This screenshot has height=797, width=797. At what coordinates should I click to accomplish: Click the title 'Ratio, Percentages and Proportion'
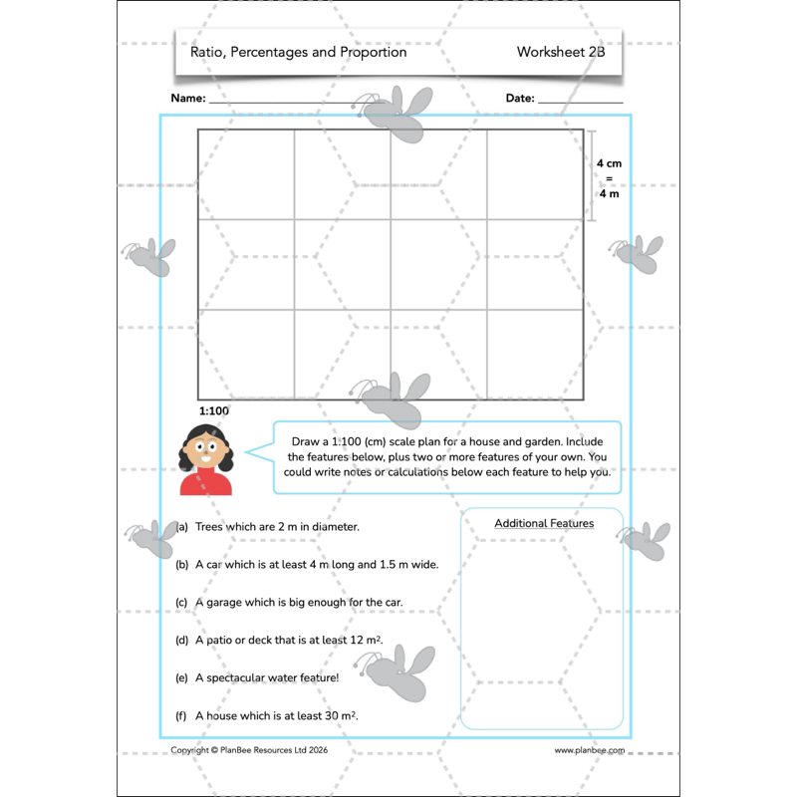tap(299, 52)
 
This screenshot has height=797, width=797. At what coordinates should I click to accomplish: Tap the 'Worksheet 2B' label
tap(560, 52)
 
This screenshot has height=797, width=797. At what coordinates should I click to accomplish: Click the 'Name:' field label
tap(188, 99)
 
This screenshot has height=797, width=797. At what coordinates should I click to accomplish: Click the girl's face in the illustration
tap(205, 451)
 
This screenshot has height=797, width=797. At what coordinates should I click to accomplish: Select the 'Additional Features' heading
tap(544, 523)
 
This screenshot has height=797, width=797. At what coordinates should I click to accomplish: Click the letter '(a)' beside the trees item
tap(181, 527)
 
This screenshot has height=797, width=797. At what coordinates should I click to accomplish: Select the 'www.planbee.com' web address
tap(590, 751)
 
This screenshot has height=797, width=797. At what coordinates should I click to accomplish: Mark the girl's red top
tap(205, 484)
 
